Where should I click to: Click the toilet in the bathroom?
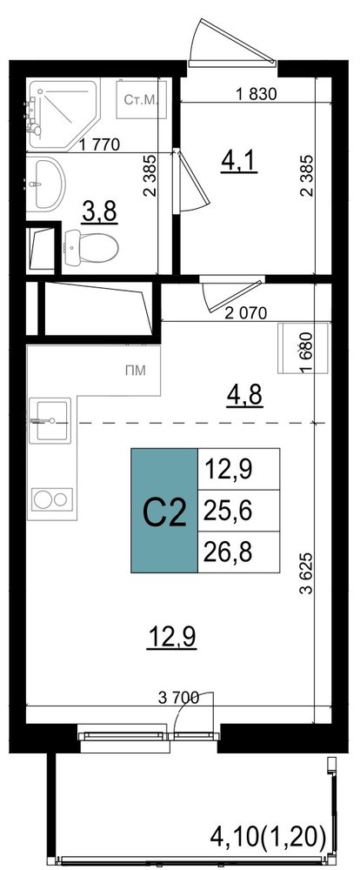click(x=91, y=247)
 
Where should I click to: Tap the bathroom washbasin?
click(x=45, y=183)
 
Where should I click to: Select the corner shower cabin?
click(x=63, y=115)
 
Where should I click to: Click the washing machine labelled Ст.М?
click(x=141, y=100)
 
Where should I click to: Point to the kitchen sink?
click(x=50, y=420)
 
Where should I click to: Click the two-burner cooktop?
click(x=52, y=499)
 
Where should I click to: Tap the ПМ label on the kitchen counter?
click(x=135, y=371)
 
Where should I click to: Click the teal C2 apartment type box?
click(x=164, y=511)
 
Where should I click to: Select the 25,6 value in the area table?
click(x=228, y=511)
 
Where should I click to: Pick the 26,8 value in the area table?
click(x=228, y=552)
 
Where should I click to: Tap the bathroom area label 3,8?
click(x=100, y=211)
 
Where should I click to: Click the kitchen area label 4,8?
click(x=244, y=395)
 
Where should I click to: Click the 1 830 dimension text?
click(x=256, y=94)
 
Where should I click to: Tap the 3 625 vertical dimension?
click(x=305, y=573)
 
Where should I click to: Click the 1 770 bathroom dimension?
click(x=99, y=145)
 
